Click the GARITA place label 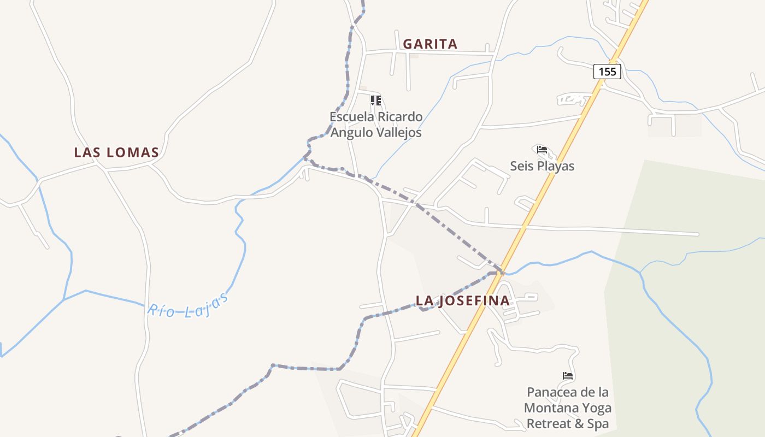tap(430, 44)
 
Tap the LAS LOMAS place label tap(116, 152)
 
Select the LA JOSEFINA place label tap(462, 300)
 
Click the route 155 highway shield tap(607, 72)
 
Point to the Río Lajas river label tap(187, 305)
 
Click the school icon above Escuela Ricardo tap(375, 100)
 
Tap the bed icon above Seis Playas tap(542, 149)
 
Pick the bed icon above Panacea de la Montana tap(568, 376)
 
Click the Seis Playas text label tap(542, 166)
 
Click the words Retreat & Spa tap(568, 424)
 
